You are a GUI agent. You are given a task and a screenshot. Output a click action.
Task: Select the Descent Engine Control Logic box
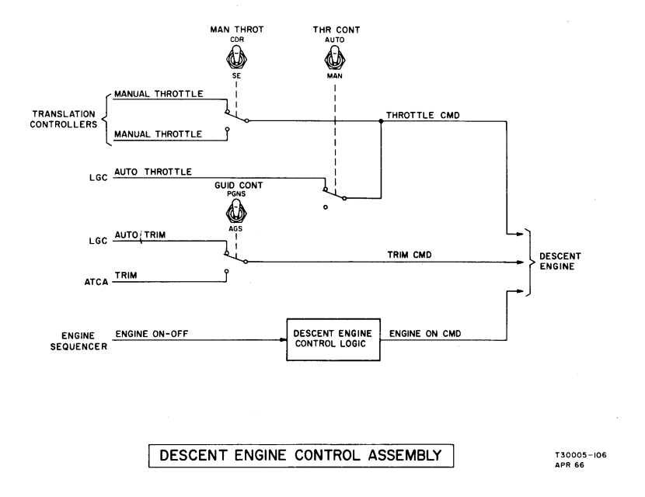pyautogui.click(x=334, y=339)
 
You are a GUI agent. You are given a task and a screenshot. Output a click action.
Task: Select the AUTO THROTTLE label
pyautogui.click(x=152, y=172)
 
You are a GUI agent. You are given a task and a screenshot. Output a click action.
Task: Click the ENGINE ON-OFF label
pyautogui.click(x=153, y=334)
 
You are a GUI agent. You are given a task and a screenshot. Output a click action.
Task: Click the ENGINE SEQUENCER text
pyautogui.click(x=71, y=339)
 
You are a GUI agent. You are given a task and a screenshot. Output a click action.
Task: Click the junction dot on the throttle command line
pyautogui.click(x=381, y=121)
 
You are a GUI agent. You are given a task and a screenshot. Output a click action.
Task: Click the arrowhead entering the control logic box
pyautogui.click(x=284, y=339)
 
